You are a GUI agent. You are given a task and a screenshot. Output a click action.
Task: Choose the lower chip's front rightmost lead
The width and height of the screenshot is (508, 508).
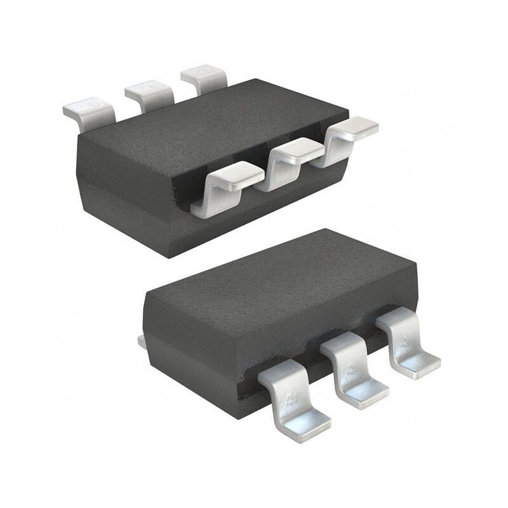[x=406, y=346]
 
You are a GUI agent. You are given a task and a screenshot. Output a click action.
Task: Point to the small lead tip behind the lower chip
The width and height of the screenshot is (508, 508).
[x=142, y=342]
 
